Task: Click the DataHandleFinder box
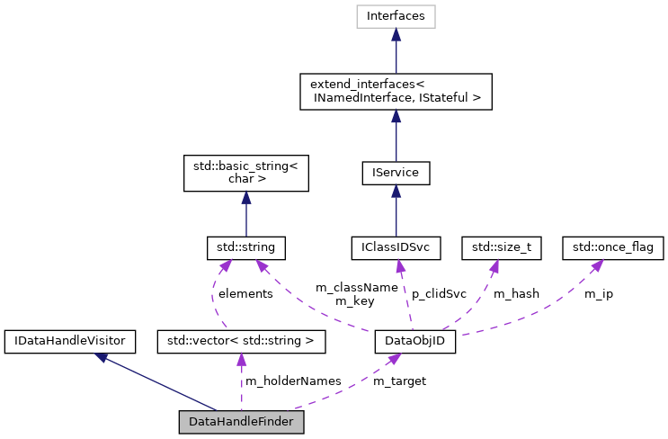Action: (241, 421)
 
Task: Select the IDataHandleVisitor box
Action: (70, 341)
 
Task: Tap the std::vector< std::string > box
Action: (241, 341)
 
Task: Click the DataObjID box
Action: (414, 341)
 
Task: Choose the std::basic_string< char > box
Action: (245, 171)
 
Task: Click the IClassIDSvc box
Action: (396, 246)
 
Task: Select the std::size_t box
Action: (501, 246)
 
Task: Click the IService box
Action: (396, 171)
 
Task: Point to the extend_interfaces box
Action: (396, 91)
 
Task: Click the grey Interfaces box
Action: (396, 15)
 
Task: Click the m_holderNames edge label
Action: (293, 381)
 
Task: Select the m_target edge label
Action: (399, 381)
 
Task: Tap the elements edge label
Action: (245, 293)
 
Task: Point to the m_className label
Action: (356, 287)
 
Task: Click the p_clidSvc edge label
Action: (439, 293)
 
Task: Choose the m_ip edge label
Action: (599, 293)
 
